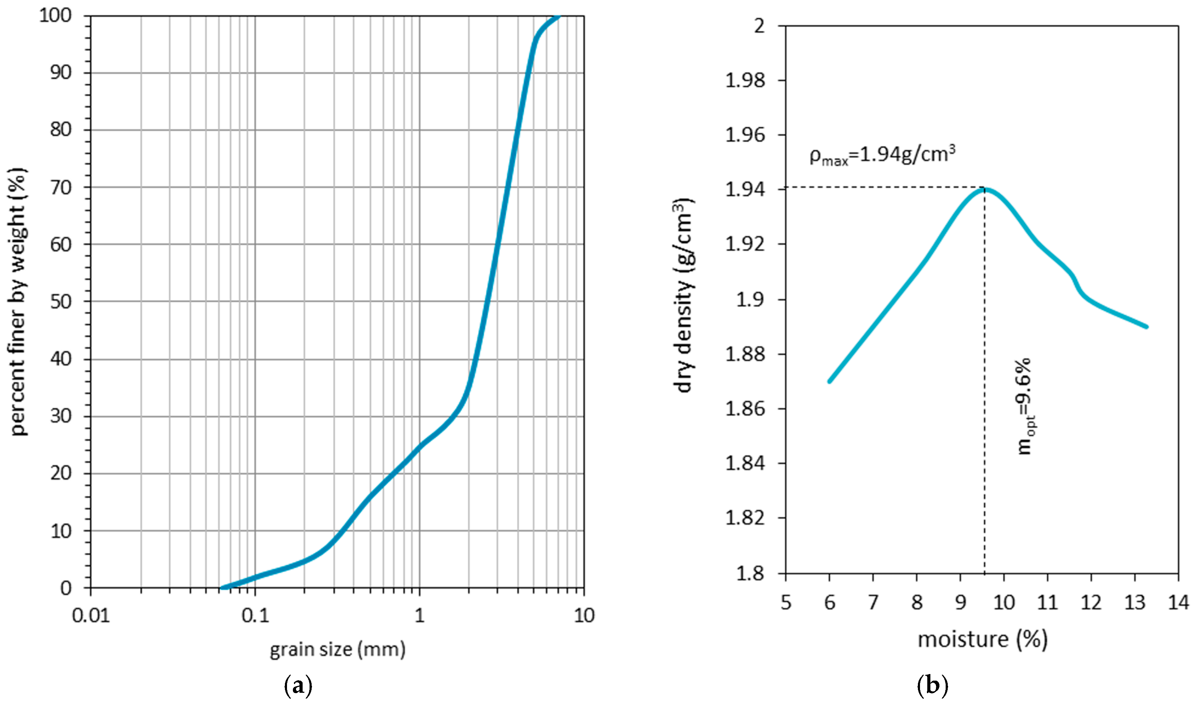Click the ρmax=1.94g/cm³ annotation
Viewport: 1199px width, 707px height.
(882, 155)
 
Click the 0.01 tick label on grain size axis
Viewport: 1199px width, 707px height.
(91, 615)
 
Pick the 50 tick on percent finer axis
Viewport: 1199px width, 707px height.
(61, 302)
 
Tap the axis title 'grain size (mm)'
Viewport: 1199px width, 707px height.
(337, 649)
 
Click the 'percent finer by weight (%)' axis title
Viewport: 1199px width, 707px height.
(18, 302)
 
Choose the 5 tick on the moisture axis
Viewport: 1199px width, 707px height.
(786, 603)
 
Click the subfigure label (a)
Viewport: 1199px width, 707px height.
(298, 686)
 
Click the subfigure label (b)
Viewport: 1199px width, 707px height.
(932, 686)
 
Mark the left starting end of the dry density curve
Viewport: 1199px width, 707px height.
(830, 381)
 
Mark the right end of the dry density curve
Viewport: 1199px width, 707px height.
(1146, 327)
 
